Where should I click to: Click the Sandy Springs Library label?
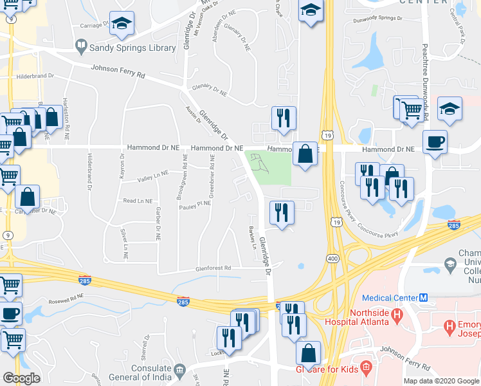pyautogui.click(x=132, y=48)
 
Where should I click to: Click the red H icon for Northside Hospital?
pyautogui.click(x=396, y=315)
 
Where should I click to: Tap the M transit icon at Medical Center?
pyautogui.click(x=424, y=297)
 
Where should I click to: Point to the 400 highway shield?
pyautogui.click(x=332, y=258)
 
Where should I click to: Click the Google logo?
pyautogui.click(x=21, y=378)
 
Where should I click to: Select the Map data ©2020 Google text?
pyautogui.click(x=440, y=380)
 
